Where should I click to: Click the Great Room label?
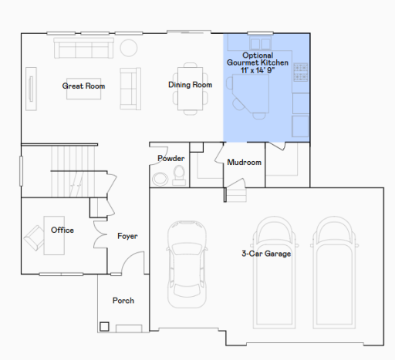[x=84, y=86]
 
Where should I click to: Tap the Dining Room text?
[x=190, y=84]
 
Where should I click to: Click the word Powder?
[x=170, y=158]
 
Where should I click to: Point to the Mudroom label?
[x=244, y=163]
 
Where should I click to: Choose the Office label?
[x=62, y=230]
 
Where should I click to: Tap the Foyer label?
[x=127, y=236]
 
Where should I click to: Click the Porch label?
[x=123, y=300]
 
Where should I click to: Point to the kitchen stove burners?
[x=301, y=74]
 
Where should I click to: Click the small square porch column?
[x=104, y=326]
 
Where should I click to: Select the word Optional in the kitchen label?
[x=257, y=56]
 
